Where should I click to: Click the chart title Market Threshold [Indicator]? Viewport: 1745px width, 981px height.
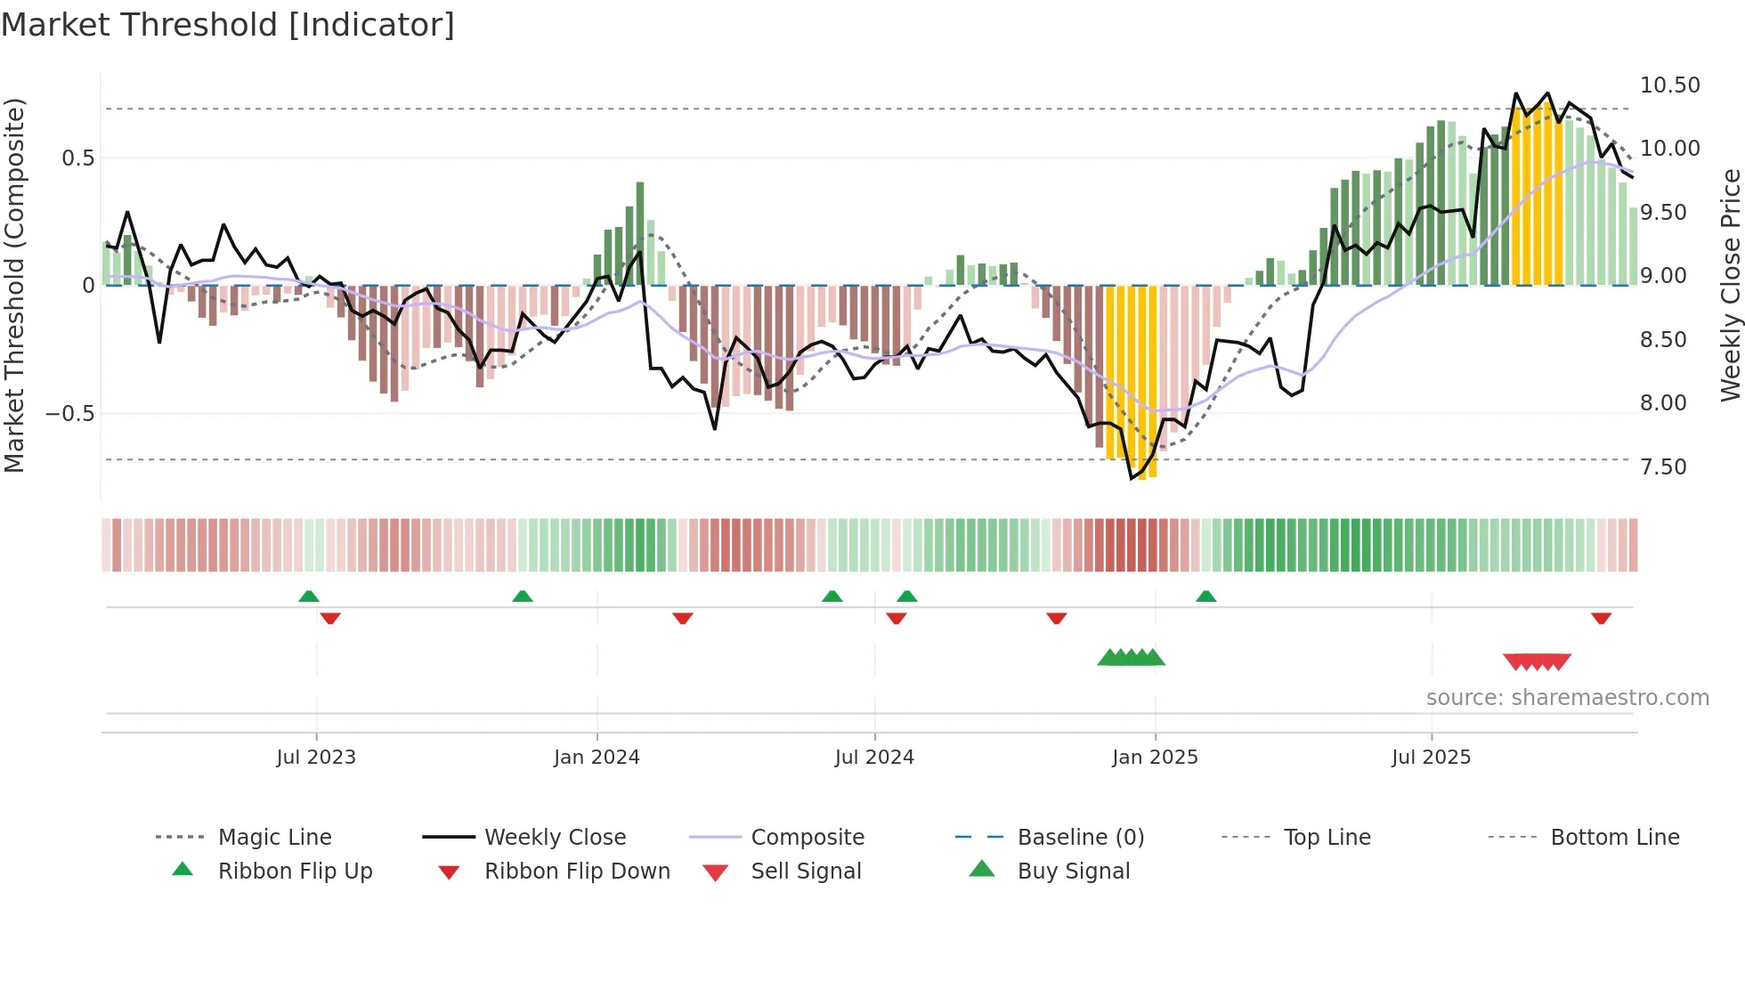click(x=228, y=25)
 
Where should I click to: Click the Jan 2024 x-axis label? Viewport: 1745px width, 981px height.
click(x=597, y=757)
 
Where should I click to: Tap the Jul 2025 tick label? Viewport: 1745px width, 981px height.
click(x=1431, y=757)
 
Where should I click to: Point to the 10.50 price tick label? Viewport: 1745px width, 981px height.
click(x=1669, y=85)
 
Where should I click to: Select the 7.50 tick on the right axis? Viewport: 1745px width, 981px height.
click(x=1663, y=467)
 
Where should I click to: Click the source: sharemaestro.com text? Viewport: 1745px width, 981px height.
click(x=1567, y=697)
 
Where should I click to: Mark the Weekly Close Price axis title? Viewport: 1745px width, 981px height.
click(x=1730, y=285)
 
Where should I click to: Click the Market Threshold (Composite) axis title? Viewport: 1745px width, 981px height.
click(x=14, y=285)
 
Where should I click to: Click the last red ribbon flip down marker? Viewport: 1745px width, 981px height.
click(x=1601, y=618)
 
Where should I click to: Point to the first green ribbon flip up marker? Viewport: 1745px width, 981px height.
click(x=309, y=596)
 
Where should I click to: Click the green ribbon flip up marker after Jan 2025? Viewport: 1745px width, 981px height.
click(x=1205, y=596)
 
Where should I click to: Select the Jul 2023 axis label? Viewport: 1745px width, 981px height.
click(x=316, y=757)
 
